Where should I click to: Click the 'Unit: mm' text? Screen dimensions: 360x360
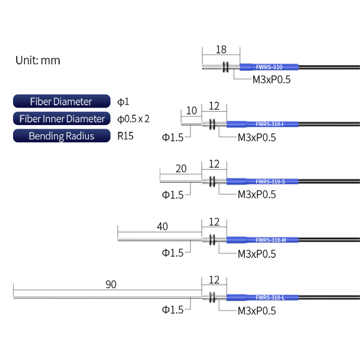[x=38, y=60]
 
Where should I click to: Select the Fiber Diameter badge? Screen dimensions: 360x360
[x=62, y=101]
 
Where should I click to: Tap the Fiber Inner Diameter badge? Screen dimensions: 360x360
[x=62, y=118]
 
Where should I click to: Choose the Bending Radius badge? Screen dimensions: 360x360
[x=62, y=136]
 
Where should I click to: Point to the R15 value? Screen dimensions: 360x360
[x=126, y=136]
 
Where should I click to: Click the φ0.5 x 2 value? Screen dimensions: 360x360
[x=133, y=119]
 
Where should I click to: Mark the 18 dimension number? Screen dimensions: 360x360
[x=221, y=49]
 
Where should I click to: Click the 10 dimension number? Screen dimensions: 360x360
[x=192, y=111]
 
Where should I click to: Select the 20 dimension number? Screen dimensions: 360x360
[x=181, y=169]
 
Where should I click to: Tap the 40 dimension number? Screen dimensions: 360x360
[x=162, y=227]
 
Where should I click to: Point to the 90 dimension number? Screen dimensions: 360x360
[x=111, y=284]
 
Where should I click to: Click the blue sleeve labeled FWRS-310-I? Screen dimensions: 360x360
[x=262, y=124]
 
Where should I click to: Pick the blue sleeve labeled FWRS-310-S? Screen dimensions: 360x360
[x=262, y=182]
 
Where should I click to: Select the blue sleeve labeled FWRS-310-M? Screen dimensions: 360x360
[x=262, y=240]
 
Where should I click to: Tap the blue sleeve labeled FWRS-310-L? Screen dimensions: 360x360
[x=262, y=297]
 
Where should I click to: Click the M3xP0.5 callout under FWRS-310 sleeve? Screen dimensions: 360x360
[x=271, y=80]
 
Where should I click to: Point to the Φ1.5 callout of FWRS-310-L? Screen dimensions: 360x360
[x=173, y=310]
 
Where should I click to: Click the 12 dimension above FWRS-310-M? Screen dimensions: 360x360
[x=214, y=222]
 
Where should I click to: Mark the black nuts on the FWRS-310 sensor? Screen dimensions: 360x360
[x=226, y=67]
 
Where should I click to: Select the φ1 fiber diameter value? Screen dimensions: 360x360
[x=123, y=102]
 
